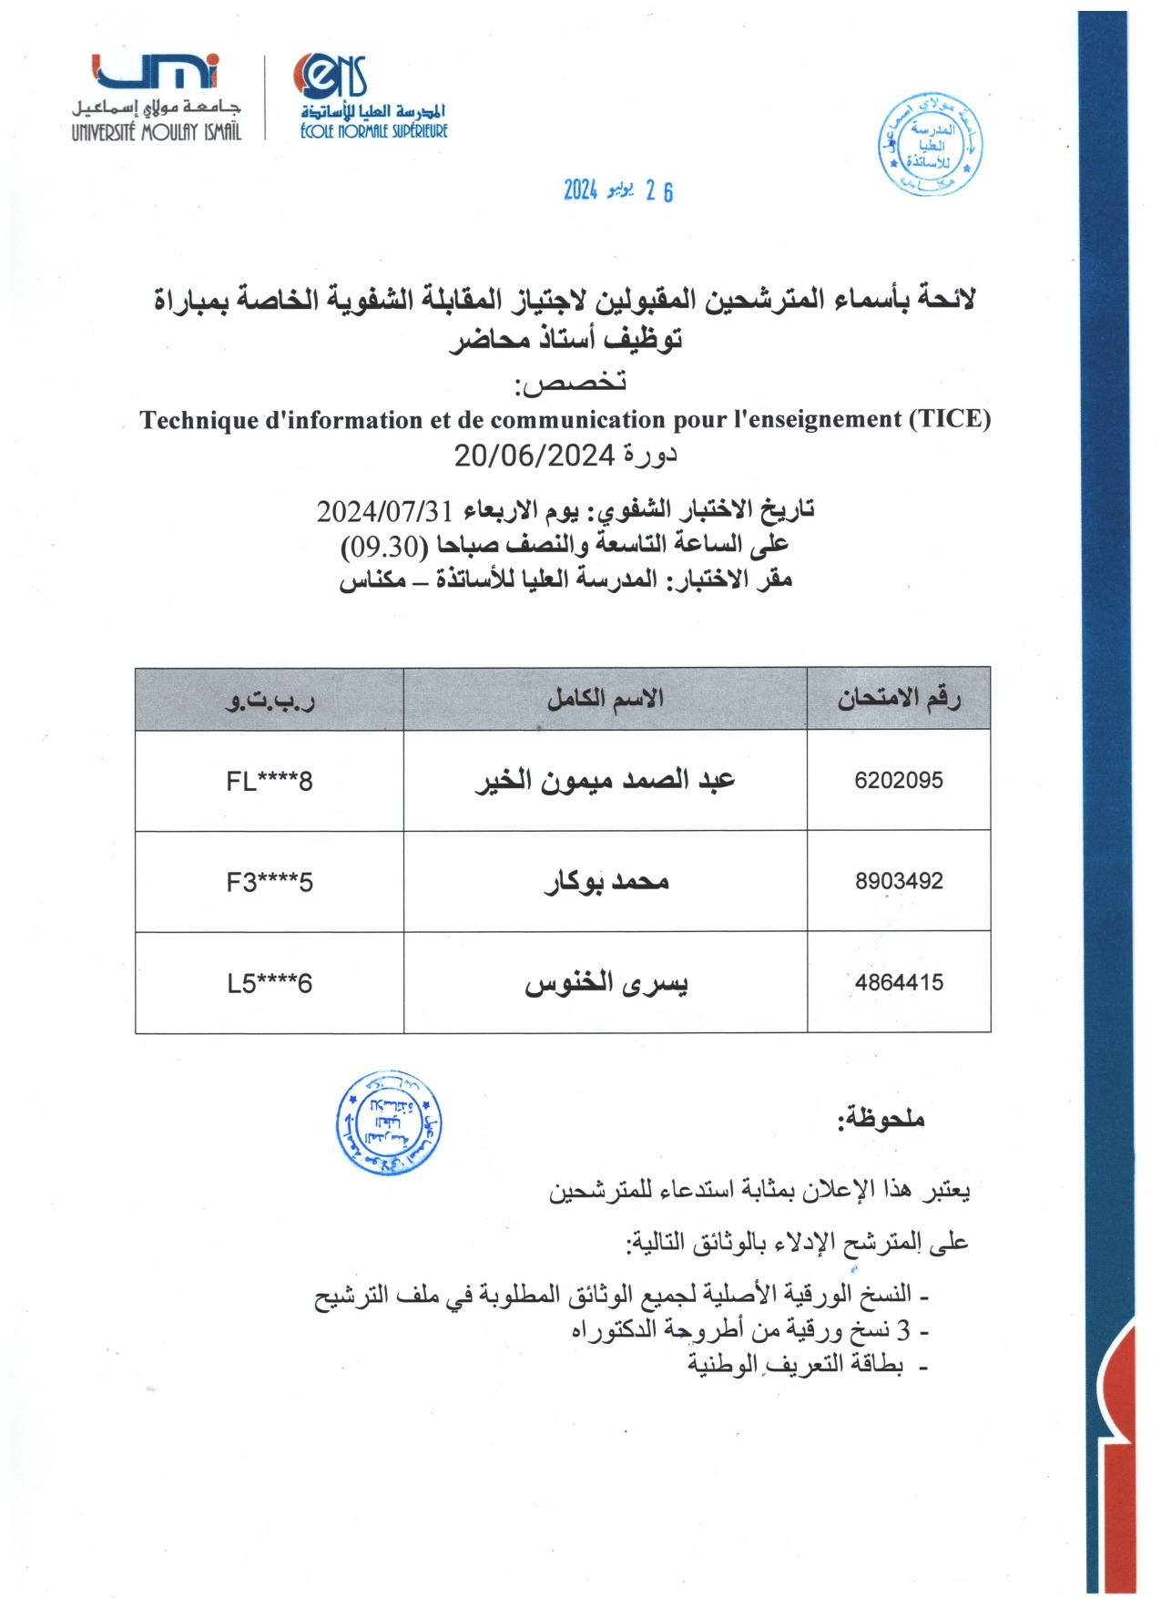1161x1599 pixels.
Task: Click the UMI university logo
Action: point(157,96)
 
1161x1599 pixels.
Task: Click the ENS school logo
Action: point(372,96)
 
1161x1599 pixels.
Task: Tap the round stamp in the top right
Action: point(931,144)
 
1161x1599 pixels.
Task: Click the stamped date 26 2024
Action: point(617,190)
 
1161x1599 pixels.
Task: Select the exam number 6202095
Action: point(898,781)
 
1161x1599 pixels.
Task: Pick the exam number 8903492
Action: point(898,882)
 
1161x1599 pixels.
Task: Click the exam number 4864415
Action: point(898,983)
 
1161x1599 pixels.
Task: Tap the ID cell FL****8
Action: point(270,782)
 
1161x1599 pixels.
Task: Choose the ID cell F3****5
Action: point(270,883)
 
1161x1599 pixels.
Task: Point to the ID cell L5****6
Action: point(270,984)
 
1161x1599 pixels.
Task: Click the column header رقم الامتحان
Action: point(898,699)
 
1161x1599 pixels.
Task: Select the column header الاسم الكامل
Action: point(605,699)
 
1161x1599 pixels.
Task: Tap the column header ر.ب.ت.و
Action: point(270,700)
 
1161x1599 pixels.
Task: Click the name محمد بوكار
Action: point(606,882)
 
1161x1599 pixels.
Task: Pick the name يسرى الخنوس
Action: point(606,984)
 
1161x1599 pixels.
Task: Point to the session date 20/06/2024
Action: point(535,455)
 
